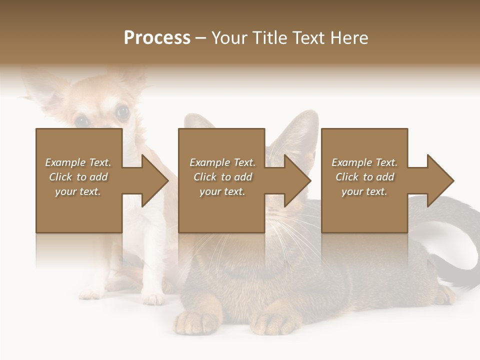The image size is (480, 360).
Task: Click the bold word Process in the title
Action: pyautogui.click(x=157, y=38)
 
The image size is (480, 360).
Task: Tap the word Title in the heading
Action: pyautogui.click(x=269, y=38)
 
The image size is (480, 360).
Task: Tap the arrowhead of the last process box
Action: pyautogui.click(x=440, y=180)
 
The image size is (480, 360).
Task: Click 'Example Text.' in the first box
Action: pyautogui.click(x=78, y=162)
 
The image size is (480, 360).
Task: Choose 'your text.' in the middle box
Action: pyautogui.click(x=222, y=191)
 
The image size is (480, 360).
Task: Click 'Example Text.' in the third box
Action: pyautogui.click(x=364, y=162)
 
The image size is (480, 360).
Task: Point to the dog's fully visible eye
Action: pyautogui.click(x=122, y=113)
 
